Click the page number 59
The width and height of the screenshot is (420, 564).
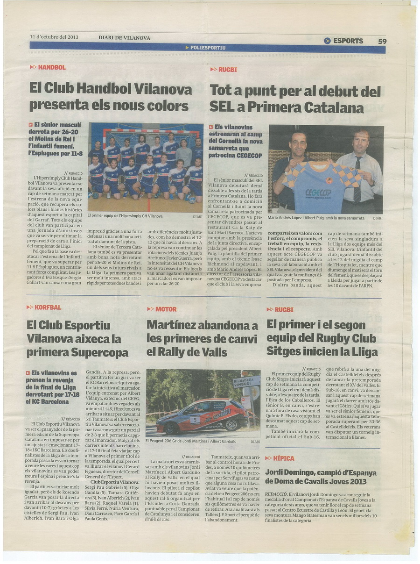coord(382,41)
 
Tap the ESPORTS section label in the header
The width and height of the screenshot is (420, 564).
coord(348,41)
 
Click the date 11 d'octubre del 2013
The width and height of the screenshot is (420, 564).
coord(54,37)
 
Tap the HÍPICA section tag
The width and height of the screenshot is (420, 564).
coord(284,458)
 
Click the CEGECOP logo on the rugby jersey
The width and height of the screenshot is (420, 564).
coord(318,193)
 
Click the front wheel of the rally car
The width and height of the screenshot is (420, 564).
coord(231,424)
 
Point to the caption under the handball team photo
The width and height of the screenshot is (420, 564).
coord(125,216)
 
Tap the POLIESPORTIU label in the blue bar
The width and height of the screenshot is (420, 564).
coord(208,48)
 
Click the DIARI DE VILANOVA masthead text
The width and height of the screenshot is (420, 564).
coord(124,38)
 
